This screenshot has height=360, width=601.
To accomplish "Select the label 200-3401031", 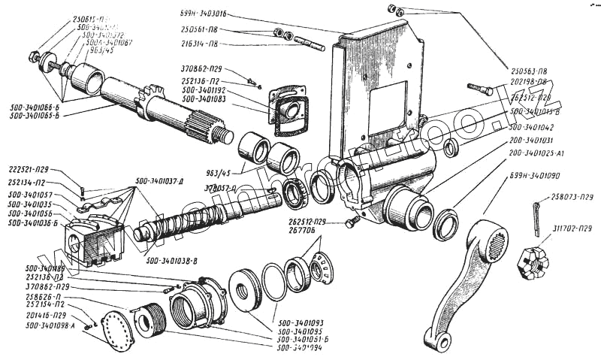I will tap(541, 140).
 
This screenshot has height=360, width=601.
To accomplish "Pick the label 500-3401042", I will tap(542, 128).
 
